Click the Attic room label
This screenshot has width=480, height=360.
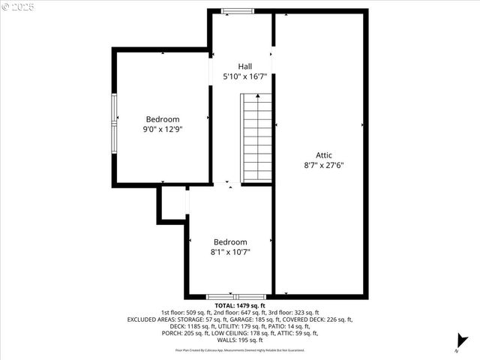324,155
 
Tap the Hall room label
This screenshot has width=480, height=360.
245,66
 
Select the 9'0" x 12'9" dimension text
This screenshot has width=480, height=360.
163,129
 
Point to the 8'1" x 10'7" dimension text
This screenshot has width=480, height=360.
230,252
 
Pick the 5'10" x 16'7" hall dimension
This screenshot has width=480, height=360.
245,76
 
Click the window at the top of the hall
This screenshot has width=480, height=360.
238,10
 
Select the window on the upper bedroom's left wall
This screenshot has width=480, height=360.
114,120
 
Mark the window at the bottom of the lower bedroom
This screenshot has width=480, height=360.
236,297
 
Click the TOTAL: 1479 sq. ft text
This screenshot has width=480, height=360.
240,306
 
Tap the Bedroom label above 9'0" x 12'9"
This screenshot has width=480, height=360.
163,119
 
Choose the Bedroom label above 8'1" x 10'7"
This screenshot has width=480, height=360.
230,242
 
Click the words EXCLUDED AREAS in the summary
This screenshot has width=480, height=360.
154,319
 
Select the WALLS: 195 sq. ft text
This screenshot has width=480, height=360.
240,340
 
